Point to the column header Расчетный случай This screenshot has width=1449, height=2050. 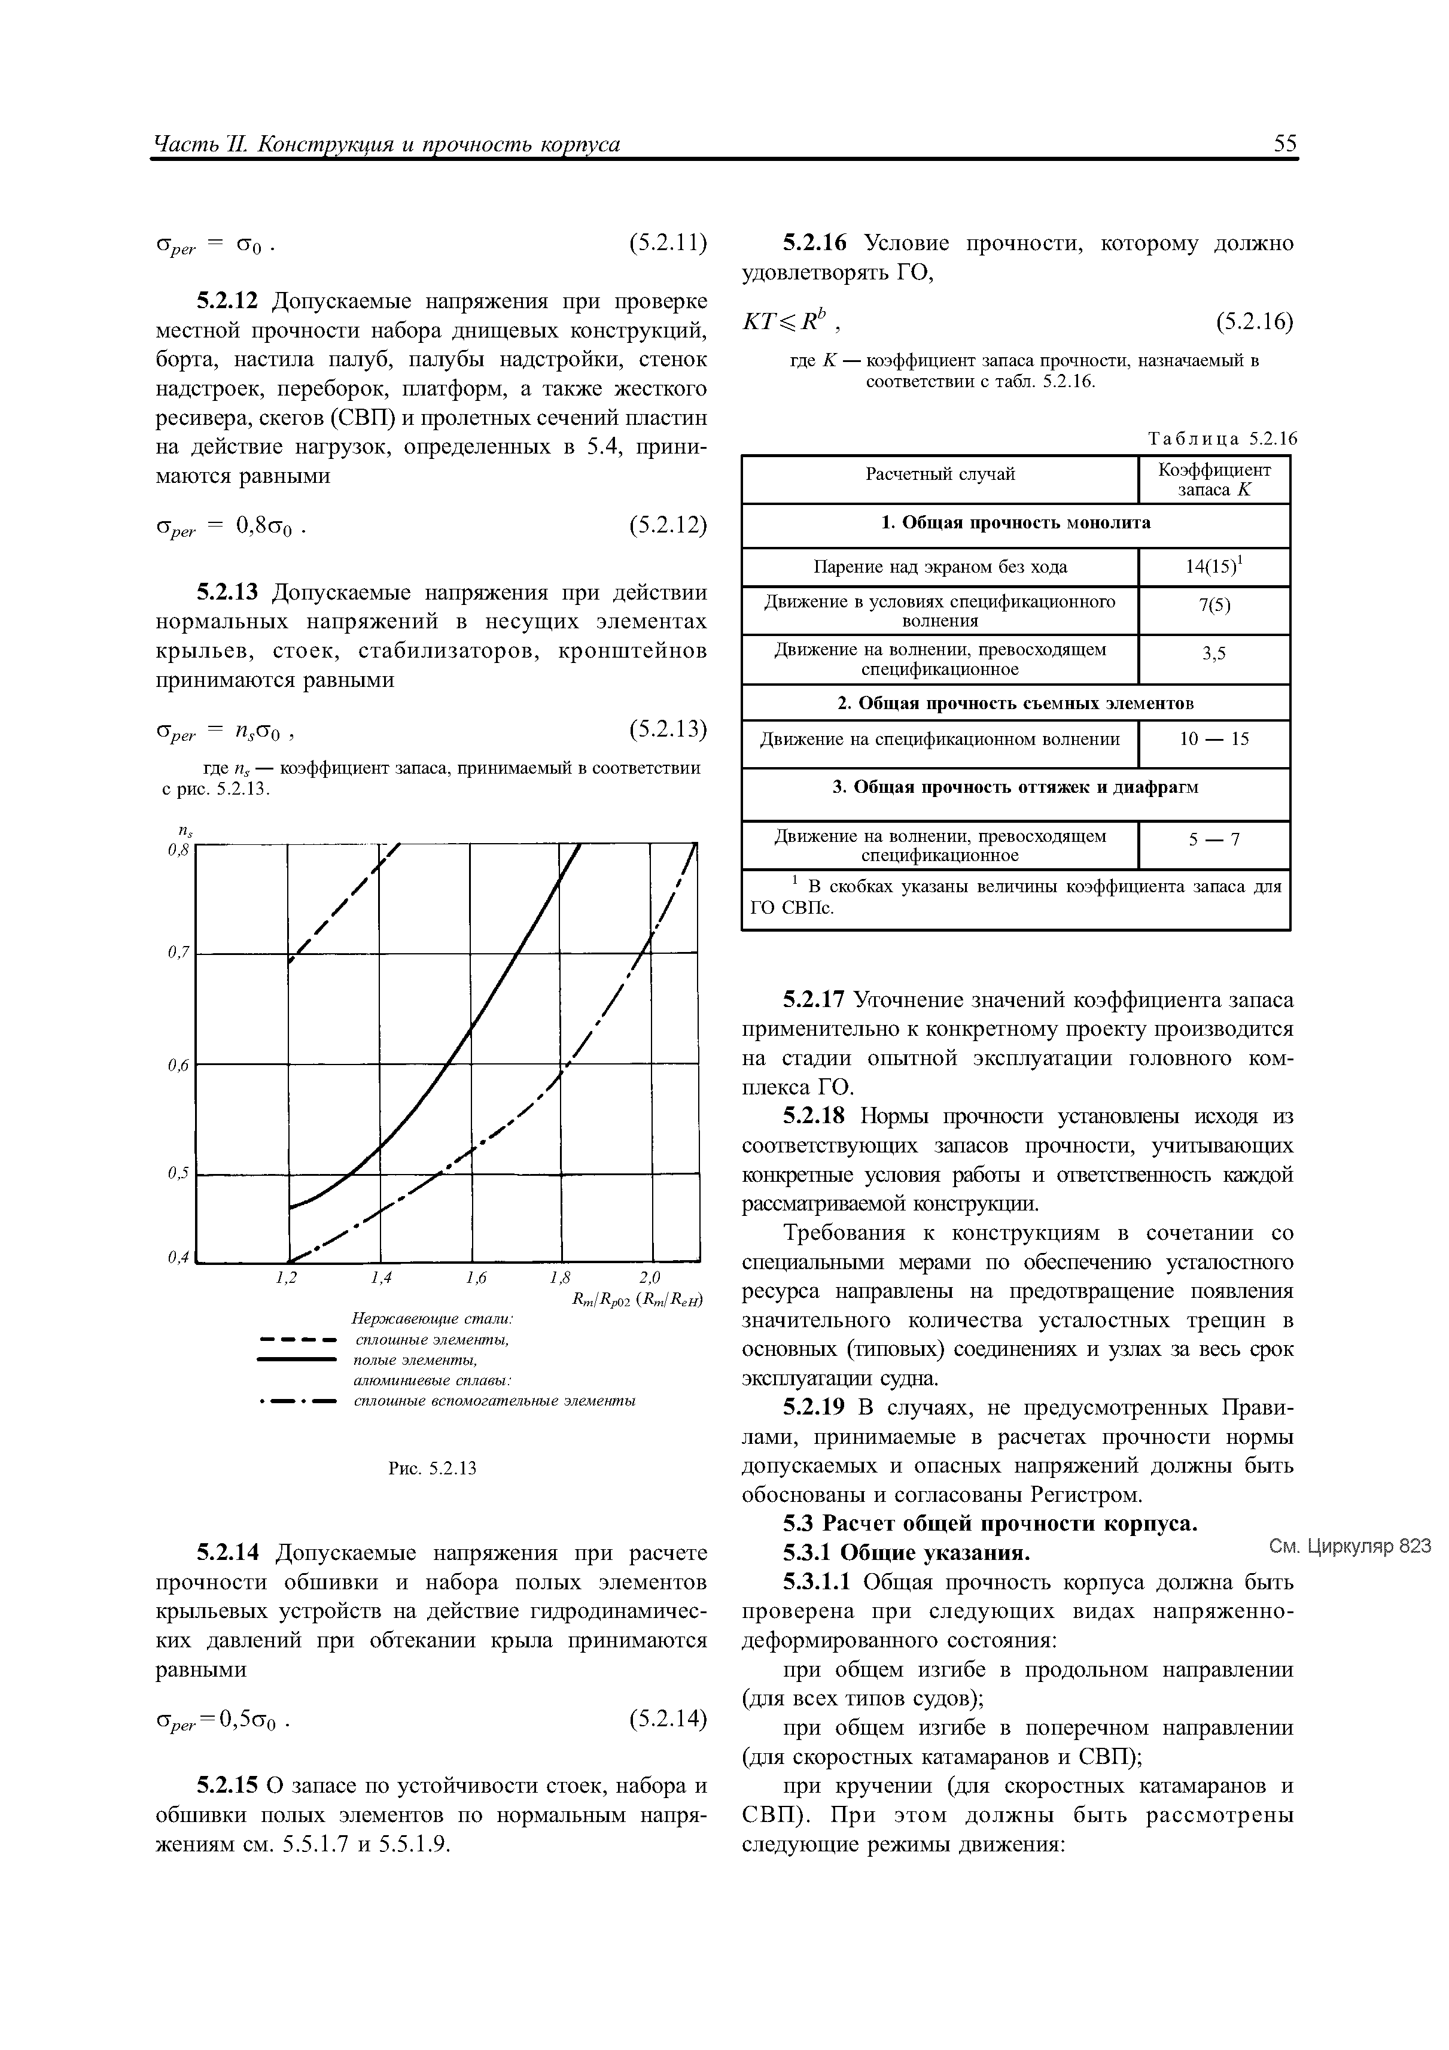(x=939, y=474)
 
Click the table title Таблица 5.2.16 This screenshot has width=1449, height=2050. (x=1220, y=439)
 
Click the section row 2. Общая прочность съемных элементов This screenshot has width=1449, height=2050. (x=1015, y=704)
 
